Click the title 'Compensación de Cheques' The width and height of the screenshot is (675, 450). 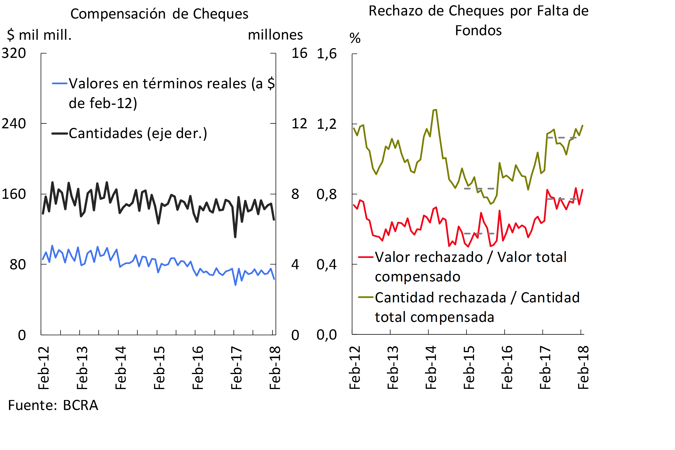[x=159, y=14]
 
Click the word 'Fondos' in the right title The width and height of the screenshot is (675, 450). [x=478, y=30]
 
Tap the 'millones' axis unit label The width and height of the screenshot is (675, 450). [x=275, y=35]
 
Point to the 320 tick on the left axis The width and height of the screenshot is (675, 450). [x=14, y=53]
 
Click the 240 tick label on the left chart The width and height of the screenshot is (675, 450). [x=14, y=124]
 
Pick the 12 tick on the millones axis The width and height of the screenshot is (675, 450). [x=299, y=124]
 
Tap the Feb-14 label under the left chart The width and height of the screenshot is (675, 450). [x=120, y=368]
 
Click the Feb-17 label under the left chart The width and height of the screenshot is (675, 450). [x=236, y=368]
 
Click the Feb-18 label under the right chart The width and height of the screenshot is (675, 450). [x=583, y=368]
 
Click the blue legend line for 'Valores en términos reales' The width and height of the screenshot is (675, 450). [x=60, y=84]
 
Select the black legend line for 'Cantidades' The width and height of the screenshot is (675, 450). [x=60, y=133]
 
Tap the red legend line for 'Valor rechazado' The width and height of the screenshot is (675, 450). [x=366, y=257]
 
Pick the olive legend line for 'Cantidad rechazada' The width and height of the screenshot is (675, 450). [x=366, y=297]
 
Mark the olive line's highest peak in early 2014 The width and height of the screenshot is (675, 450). [x=436, y=110]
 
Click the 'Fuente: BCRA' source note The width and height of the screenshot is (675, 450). [x=53, y=405]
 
